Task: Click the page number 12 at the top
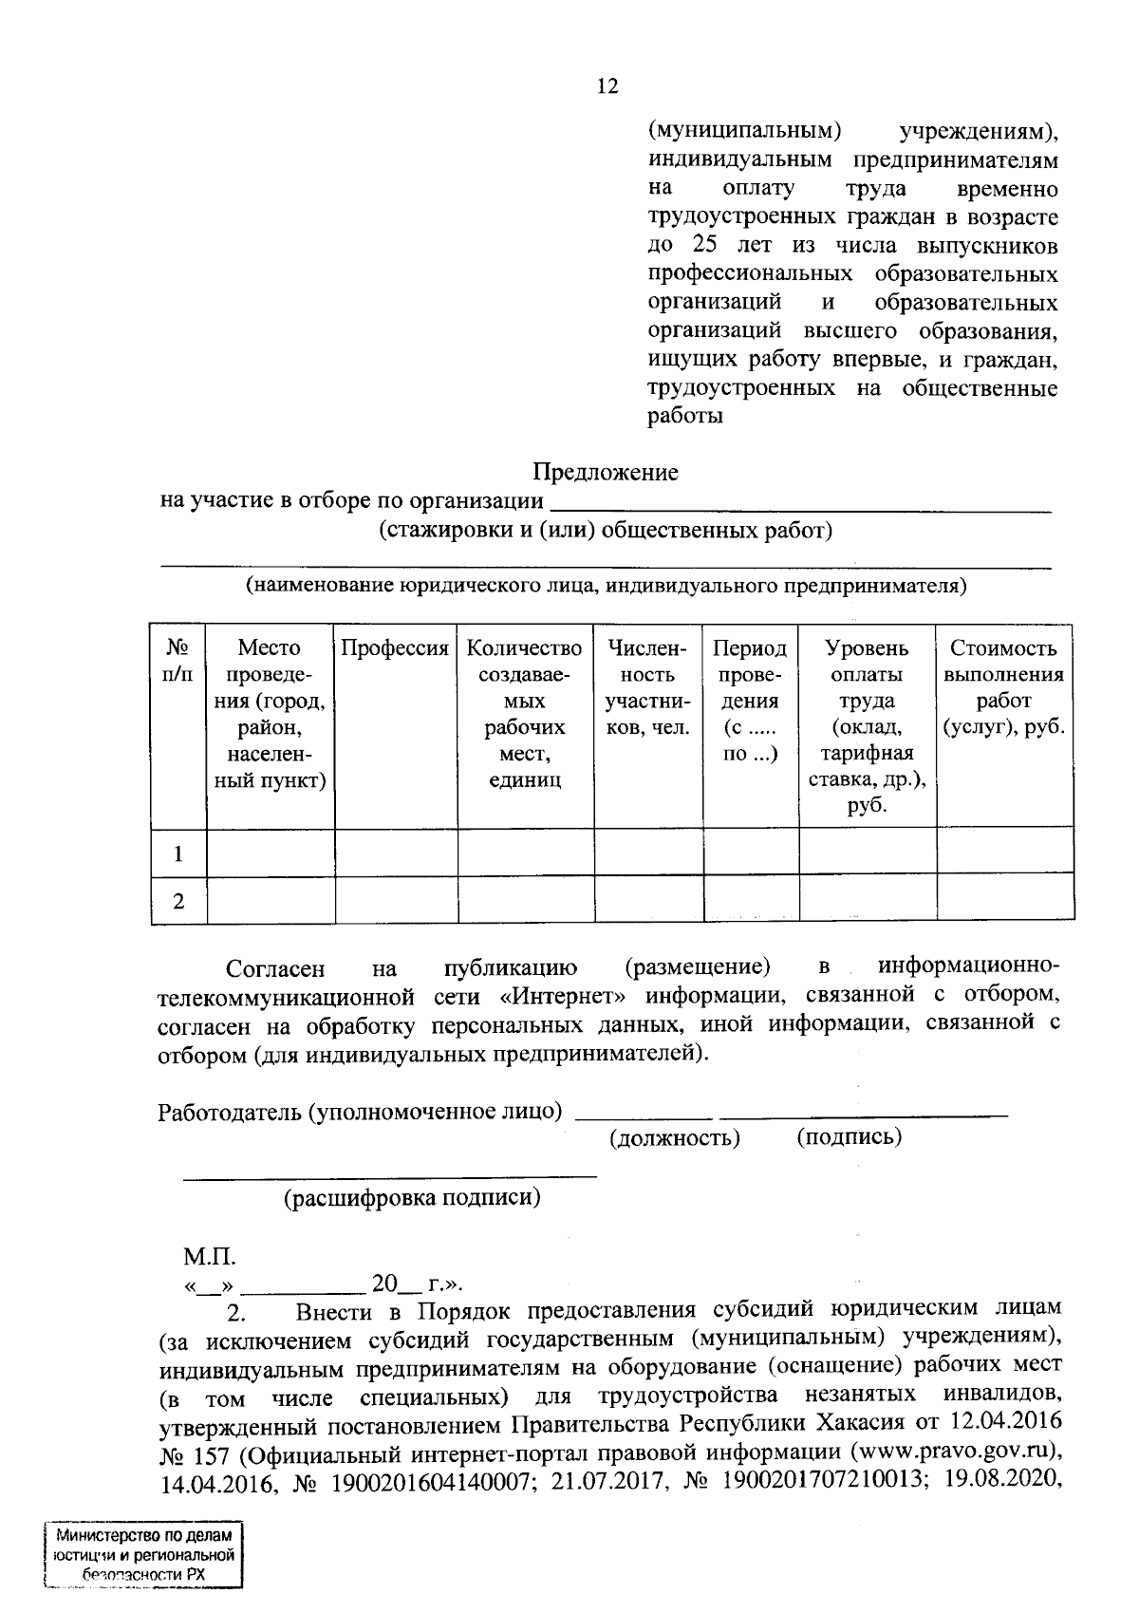(x=607, y=86)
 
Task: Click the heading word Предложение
(x=605, y=472)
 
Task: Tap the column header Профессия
(x=394, y=648)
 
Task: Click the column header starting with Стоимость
(x=1003, y=687)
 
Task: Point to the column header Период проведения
(x=750, y=701)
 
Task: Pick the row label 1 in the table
(x=178, y=853)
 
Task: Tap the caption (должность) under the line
(x=675, y=1137)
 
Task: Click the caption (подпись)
(x=849, y=1136)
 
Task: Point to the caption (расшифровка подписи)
(x=413, y=1198)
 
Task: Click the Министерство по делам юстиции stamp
(x=143, y=1557)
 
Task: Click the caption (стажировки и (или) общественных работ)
(x=606, y=530)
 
